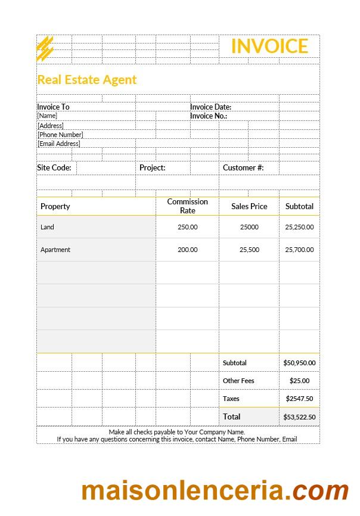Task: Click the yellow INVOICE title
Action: coord(269,46)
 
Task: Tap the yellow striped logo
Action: coord(45,48)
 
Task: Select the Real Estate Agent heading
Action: coord(87,80)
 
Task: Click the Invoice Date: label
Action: coord(210,107)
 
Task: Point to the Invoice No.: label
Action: coord(209,116)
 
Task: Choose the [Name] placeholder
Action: coord(47,116)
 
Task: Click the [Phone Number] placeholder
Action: coord(60,135)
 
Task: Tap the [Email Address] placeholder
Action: coord(58,144)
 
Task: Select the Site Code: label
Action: coord(54,168)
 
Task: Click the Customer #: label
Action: coord(243,168)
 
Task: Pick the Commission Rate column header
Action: coord(187,206)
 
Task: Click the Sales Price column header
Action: coord(249,207)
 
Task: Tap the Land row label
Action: coord(47,227)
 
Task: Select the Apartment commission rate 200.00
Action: coord(187,250)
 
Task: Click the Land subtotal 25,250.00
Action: coord(299,227)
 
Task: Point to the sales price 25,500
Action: coord(249,250)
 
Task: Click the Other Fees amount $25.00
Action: coord(299,381)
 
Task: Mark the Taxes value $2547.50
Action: coord(299,399)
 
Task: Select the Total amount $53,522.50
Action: coord(299,417)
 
